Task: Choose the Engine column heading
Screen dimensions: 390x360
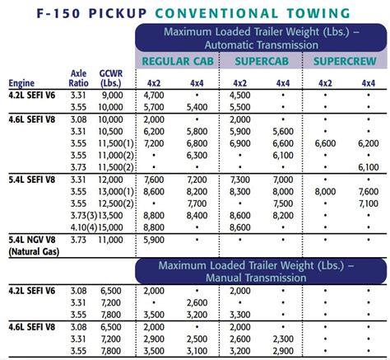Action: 23,82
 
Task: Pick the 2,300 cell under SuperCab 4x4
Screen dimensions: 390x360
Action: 282,339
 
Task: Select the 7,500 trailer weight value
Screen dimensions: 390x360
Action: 282,203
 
